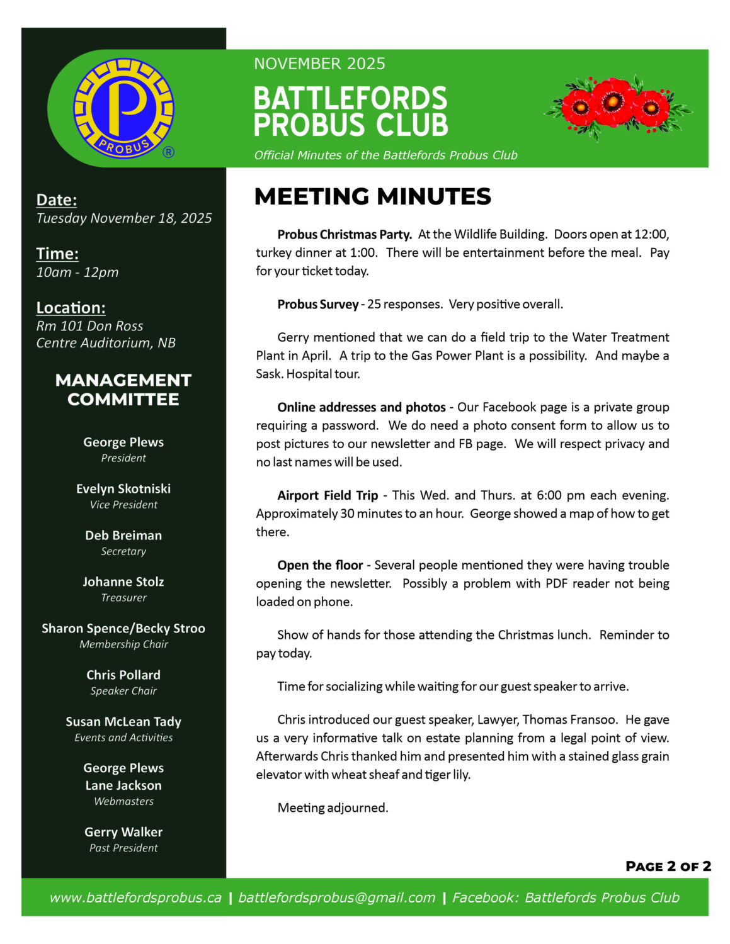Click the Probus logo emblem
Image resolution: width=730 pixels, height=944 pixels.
123,108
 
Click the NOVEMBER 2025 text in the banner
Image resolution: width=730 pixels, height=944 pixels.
319,64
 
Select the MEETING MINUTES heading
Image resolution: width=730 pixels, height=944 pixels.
372,196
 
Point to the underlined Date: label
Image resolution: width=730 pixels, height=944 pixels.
57,199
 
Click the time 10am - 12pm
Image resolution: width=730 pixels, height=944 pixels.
77,272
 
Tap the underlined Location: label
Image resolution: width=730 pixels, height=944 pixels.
71,308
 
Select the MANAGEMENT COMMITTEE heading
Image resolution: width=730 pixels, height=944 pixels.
123,390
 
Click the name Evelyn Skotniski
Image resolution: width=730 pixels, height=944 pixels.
123,488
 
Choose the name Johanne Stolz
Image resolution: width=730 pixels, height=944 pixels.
123,582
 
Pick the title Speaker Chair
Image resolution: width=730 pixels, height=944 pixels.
123,691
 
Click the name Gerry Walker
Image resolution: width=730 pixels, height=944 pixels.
123,832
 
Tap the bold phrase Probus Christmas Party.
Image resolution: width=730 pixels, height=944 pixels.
345,235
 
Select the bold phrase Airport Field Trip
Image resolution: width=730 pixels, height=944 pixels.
328,495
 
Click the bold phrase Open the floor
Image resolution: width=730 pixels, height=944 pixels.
320,565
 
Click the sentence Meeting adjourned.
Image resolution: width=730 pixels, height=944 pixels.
333,807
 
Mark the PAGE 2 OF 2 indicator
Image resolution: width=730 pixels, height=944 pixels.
668,867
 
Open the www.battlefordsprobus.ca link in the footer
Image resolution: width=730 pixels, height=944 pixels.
135,897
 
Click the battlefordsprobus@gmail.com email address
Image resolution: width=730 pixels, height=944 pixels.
336,897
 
